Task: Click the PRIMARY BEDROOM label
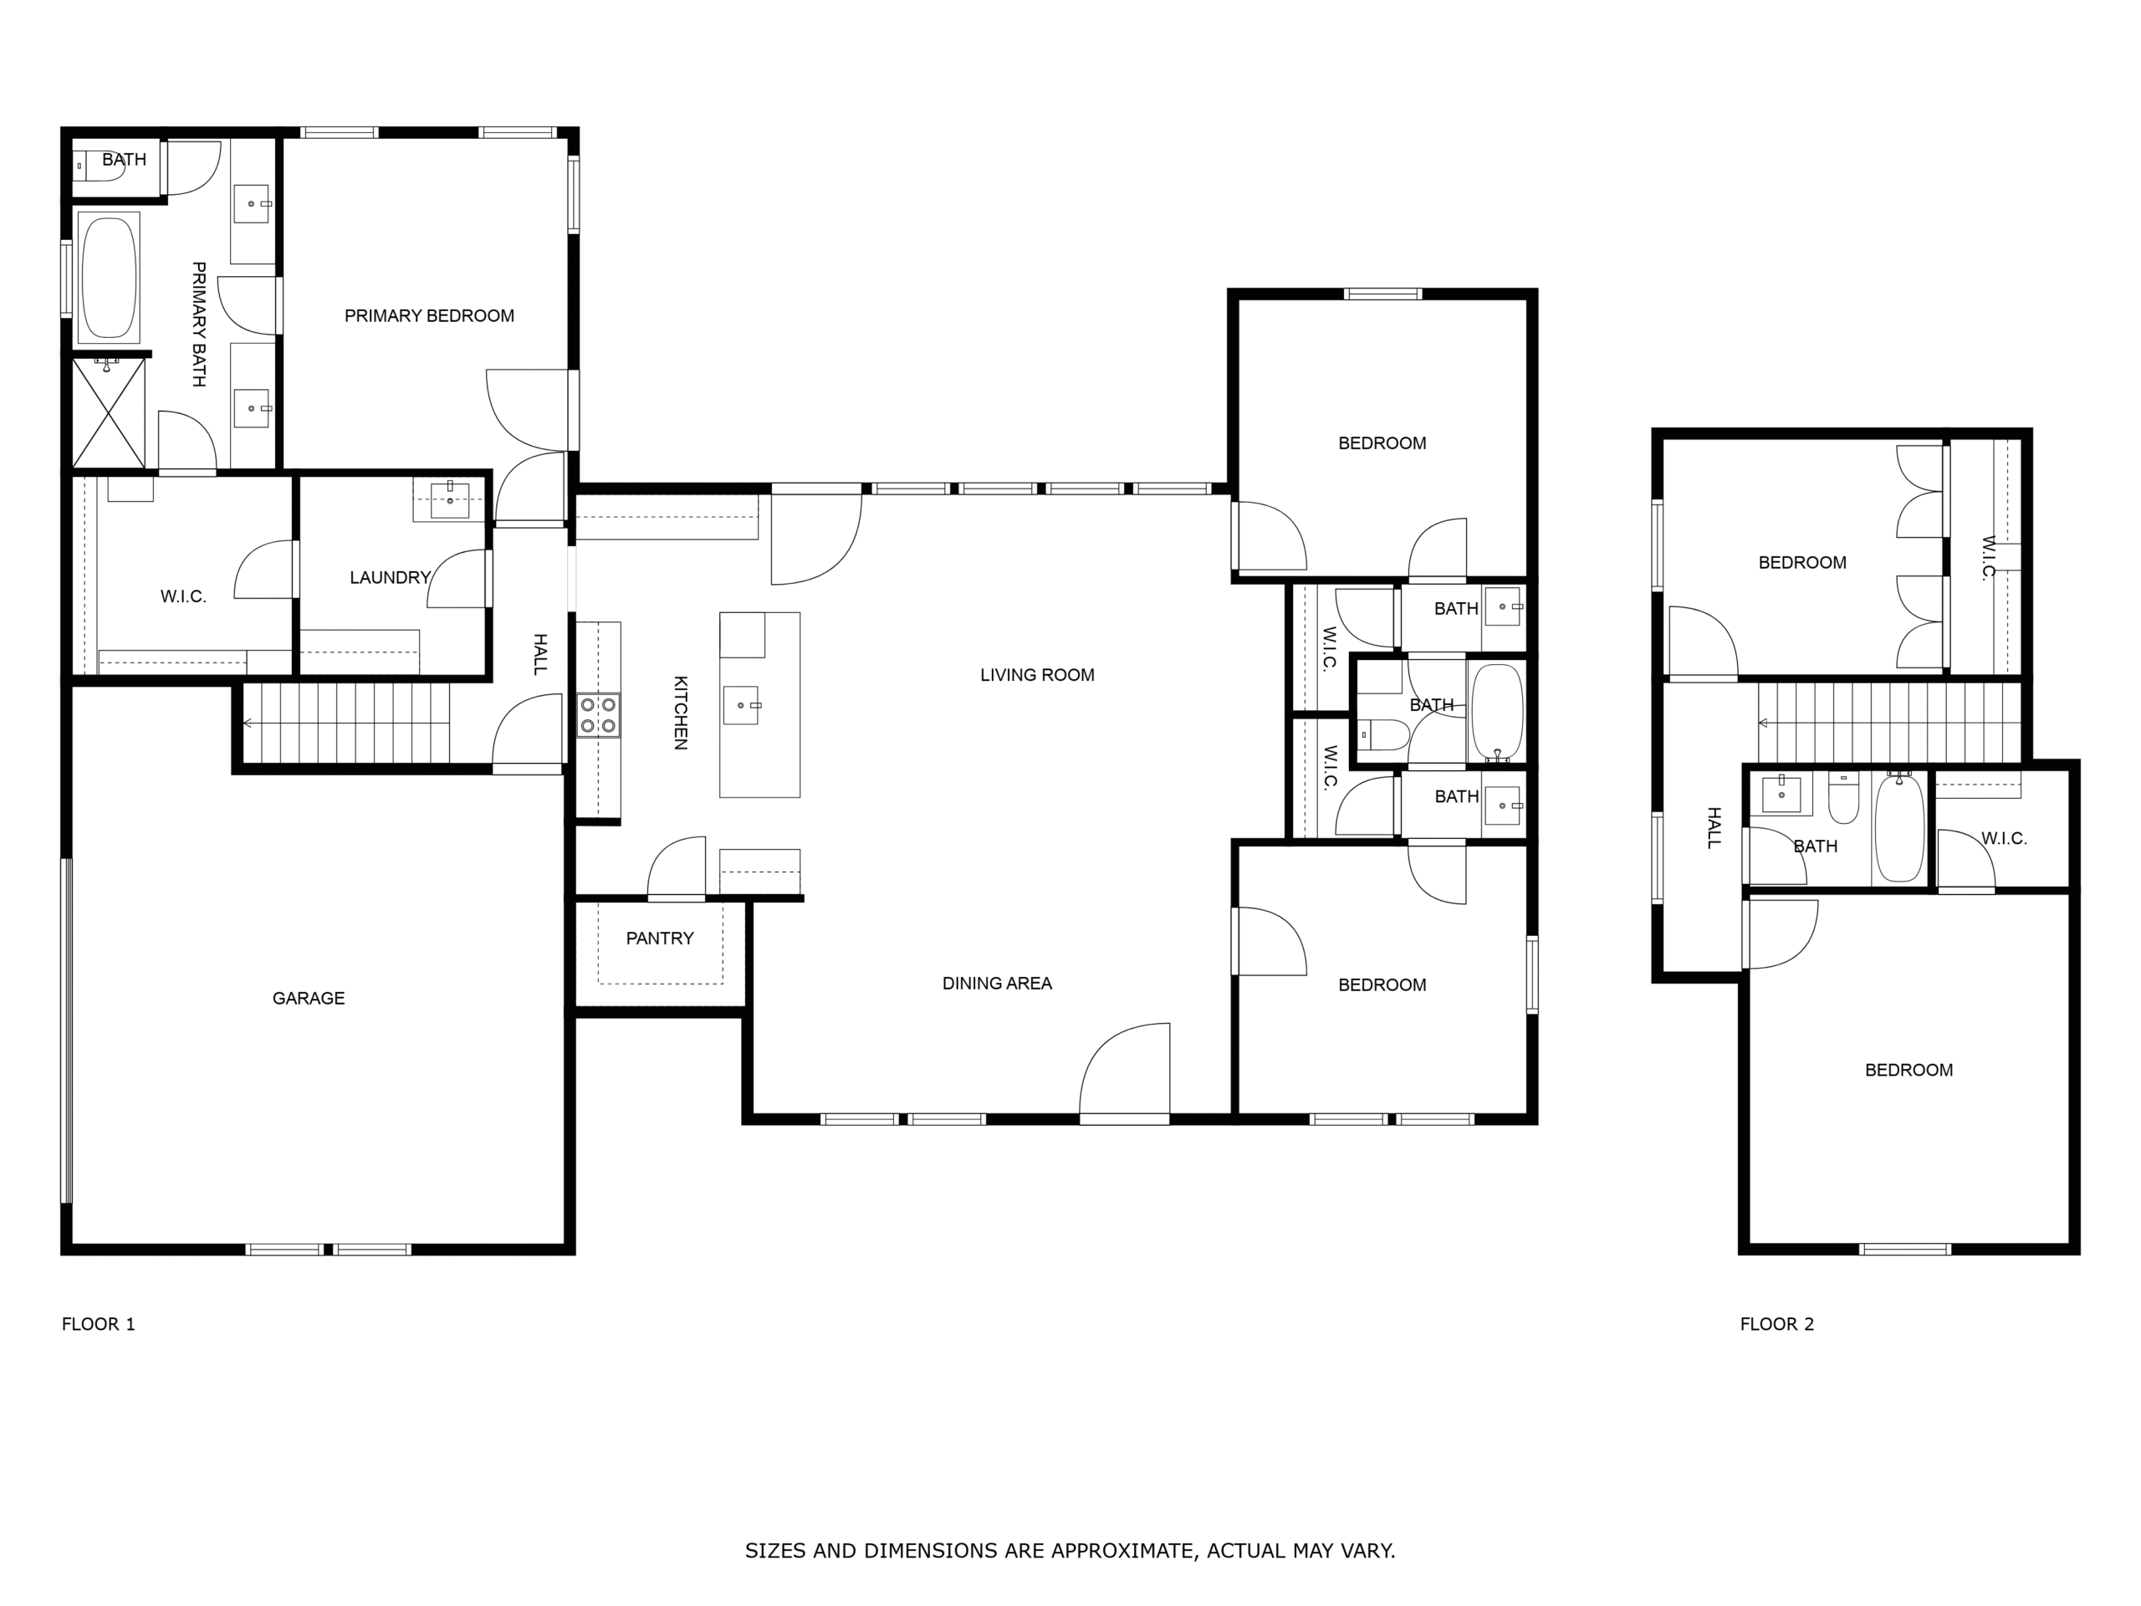tap(429, 315)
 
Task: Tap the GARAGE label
tap(309, 998)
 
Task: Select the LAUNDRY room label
tap(390, 578)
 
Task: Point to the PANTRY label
tap(660, 938)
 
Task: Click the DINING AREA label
tap(997, 984)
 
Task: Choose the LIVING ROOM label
tap(1038, 675)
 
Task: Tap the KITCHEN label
tap(681, 713)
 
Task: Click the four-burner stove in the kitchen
tap(598, 715)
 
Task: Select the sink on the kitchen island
tap(743, 705)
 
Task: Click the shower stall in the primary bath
tap(110, 412)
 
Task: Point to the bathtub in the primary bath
tap(110, 277)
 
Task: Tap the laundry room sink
tap(450, 499)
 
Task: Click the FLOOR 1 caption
tap(99, 1324)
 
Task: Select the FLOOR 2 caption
tap(1777, 1324)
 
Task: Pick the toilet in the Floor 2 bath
tap(1843, 798)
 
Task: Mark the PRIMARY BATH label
tap(198, 325)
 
